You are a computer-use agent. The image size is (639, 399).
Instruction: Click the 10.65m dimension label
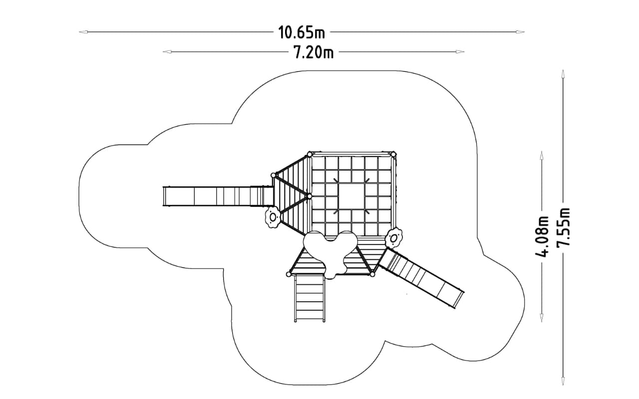coord(302,32)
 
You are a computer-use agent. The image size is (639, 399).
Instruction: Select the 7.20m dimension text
coord(314,53)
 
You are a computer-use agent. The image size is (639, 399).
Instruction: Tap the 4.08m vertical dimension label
coord(542,236)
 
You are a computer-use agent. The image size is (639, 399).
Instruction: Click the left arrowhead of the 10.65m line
coord(83,32)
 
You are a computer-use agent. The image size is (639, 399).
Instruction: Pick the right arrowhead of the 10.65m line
coord(520,32)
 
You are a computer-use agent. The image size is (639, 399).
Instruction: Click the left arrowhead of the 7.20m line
coord(167,51)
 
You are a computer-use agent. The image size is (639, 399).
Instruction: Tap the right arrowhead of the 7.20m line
coord(460,51)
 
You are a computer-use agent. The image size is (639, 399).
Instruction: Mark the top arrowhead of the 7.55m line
coord(563,74)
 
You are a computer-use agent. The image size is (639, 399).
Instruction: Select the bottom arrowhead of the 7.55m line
coord(563,382)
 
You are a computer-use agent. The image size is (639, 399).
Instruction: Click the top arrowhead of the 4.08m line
coord(542,155)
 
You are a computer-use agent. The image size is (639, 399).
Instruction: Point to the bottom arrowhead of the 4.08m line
coord(542,318)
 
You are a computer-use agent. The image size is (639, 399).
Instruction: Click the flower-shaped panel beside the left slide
coord(273,217)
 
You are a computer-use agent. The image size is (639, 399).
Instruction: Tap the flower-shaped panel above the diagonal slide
coord(394,238)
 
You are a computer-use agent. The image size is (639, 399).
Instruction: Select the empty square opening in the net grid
coord(351,197)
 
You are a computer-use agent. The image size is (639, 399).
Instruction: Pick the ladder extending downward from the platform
coord(310,298)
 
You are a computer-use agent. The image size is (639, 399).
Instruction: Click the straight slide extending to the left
coord(218,196)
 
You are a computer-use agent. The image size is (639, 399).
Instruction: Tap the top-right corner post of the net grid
coord(393,155)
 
